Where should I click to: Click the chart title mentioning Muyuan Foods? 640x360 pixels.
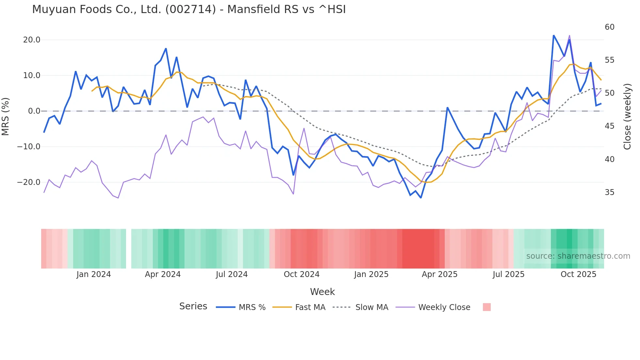pos(189,9)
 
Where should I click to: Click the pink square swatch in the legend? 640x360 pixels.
pos(487,307)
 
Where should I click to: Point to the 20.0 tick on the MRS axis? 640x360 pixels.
pos(32,40)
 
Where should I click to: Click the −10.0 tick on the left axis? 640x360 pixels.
pos(29,147)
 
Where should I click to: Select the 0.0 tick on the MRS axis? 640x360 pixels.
pos(34,111)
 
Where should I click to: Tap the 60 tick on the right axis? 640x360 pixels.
pos(610,27)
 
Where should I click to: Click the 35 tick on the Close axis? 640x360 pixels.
pos(610,192)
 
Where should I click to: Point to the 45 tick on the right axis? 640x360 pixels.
pos(610,126)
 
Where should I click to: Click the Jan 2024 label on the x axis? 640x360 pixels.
pos(94,274)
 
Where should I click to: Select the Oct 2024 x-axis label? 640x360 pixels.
pos(301,274)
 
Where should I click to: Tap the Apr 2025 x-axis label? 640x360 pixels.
pos(440,274)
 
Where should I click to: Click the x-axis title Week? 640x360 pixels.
pos(322,292)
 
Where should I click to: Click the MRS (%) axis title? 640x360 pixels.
pos(6,116)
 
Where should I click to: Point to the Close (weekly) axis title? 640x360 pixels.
pos(627,117)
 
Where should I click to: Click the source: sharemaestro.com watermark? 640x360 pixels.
pos(578,256)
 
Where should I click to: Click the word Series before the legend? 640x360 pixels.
pos(193,306)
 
